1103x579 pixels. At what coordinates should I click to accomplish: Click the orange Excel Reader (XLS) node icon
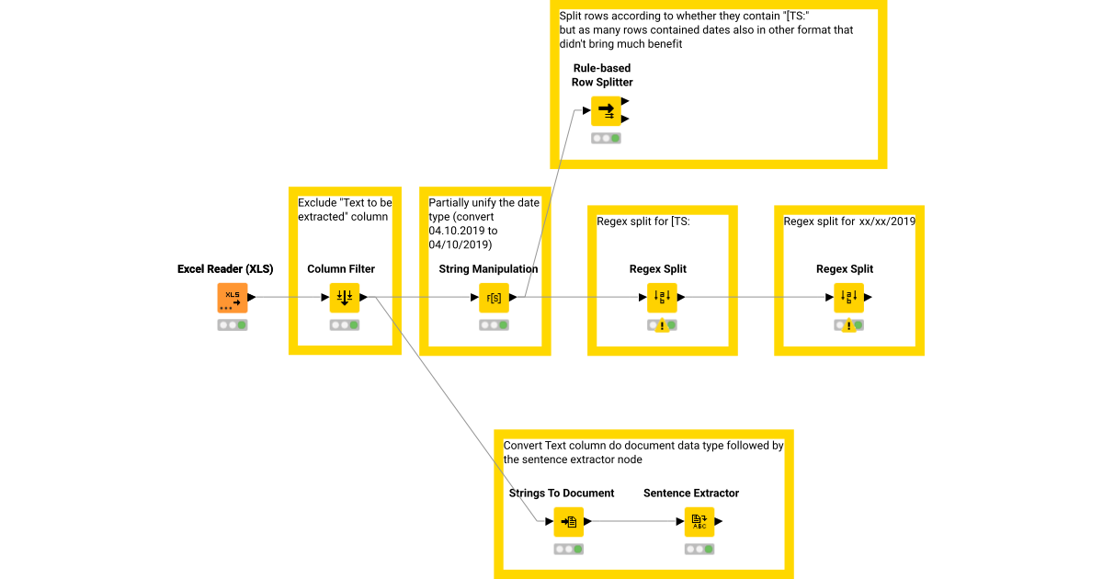coord(233,298)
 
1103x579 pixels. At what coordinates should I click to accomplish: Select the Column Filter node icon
coord(345,298)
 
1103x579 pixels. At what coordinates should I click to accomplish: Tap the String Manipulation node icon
coord(494,298)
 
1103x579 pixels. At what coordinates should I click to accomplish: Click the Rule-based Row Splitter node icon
coord(606,111)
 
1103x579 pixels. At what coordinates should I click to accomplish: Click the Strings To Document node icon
coord(569,522)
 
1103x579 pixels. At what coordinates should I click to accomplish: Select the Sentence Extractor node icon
coord(699,522)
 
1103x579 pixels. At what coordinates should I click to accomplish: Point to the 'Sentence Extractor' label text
coord(691,494)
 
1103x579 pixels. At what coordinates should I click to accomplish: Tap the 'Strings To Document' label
coord(562,494)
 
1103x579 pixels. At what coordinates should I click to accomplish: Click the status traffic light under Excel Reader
coord(233,325)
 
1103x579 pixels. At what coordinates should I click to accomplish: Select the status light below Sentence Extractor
coord(699,550)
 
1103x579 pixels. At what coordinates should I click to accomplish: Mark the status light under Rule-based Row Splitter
coord(606,139)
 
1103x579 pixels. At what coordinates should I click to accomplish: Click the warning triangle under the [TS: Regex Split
coord(662,326)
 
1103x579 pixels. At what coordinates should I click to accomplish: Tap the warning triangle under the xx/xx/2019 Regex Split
coord(849,326)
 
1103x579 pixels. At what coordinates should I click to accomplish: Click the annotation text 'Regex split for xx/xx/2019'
coord(848,221)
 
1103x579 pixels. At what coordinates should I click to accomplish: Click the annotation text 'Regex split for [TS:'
coord(642,221)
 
